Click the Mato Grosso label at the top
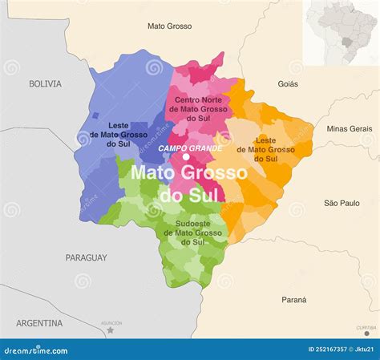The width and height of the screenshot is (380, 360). click(x=169, y=26)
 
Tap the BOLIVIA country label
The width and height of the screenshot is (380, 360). click(x=45, y=83)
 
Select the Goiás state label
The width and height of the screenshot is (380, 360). click(x=287, y=83)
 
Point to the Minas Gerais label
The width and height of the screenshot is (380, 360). click(x=350, y=128)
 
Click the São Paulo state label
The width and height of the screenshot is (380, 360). click(x=342, y=204)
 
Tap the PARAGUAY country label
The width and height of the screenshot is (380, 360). click(x=87, y=257)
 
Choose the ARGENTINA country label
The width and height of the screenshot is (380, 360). click(x=38, y=323)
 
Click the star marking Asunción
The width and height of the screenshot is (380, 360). click(x=111, y=330)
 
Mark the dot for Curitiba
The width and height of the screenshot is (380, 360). click(x=366, y=333)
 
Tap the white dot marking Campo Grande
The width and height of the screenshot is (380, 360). click(x=185, y=157)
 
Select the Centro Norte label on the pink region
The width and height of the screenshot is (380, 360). click(x=187, y=108)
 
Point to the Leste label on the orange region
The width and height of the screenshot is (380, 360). click(x=264, y=148)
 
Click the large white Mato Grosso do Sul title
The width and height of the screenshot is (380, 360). click(x=189, y=184)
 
